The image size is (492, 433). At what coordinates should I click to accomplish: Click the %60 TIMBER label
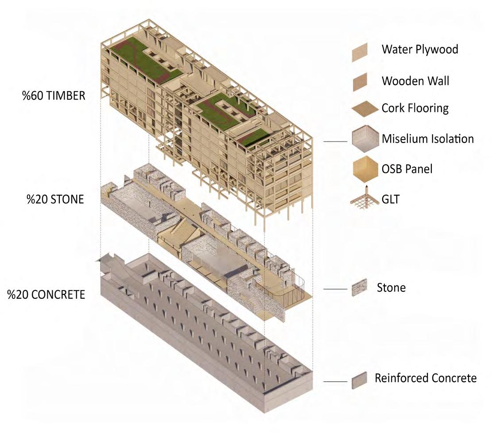(x=54, y=95)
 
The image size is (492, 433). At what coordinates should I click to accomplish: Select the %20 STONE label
(x=55, y=199)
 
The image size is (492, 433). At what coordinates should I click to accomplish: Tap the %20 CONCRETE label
(x=46, y=294)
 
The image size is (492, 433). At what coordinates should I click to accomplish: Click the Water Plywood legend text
(x=420, y=49)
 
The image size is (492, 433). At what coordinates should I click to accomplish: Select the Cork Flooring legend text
(x=415, y=108)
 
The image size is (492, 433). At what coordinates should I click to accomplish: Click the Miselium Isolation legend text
(x=428, y=139)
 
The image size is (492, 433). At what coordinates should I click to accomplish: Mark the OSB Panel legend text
(x=407, y=169)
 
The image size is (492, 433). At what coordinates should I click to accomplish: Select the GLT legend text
(x=390, y=199)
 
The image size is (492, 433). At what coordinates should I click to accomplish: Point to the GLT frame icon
(x=365, y=198)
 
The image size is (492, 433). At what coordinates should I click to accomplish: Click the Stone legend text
(x=391, y=288)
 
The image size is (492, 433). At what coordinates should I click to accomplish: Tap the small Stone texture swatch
(x=359, y=289)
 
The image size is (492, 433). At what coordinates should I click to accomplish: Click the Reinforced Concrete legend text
(x=426, y=379)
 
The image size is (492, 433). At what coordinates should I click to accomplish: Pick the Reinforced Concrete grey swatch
(x=359, y=381)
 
